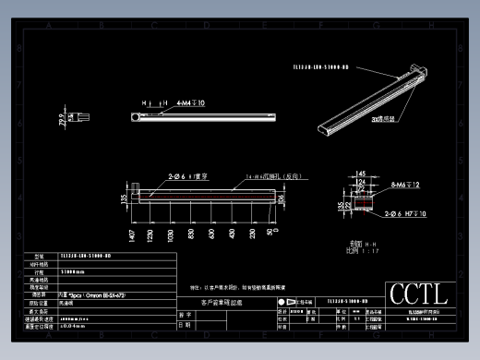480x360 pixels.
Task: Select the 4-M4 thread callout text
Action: click(x=189, y=103)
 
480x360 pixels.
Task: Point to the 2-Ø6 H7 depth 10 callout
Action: click(x=403, y=213)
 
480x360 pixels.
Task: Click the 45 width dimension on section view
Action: click(x=362, y=173)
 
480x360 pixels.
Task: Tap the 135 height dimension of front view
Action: click(x=125, y=196)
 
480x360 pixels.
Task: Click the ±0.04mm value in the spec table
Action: click(x=74, y=325)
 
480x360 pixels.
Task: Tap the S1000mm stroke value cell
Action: click(x=74, y=272)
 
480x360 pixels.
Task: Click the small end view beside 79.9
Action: click(x=83, y=117)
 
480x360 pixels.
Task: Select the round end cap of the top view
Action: click(x=136, y=117)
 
